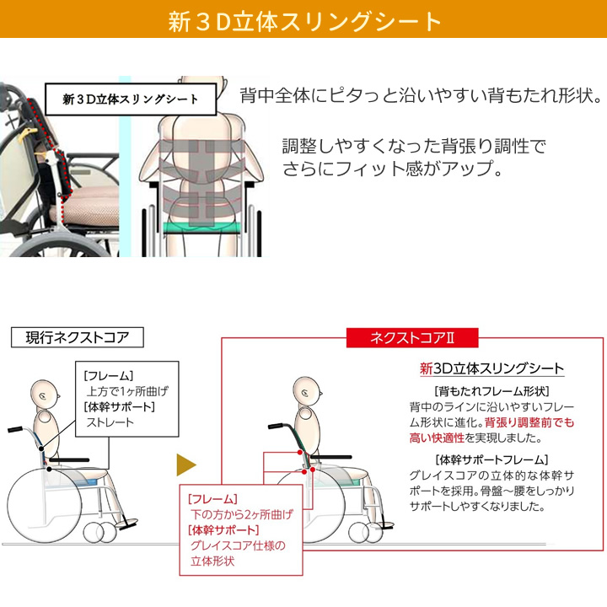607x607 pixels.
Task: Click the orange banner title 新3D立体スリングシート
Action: pos(304,20)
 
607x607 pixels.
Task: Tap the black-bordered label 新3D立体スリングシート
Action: pos(131,99)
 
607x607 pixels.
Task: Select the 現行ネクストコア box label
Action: pos(78,337)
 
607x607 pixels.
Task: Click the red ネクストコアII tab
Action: pos(412,338)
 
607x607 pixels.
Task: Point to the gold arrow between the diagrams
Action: pos(186,465)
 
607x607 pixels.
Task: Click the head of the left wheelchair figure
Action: pos(45,394)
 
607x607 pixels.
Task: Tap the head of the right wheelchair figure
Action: pos(307,391)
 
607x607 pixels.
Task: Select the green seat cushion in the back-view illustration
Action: pos(201,228)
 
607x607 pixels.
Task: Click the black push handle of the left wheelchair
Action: pos(15,429)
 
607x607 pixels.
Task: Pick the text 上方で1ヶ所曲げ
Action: pos(127,391)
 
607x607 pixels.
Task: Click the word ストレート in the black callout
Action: pos(110,422)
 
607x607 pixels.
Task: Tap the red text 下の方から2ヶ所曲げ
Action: pos(242,514)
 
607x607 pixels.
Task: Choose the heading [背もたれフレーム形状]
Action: pos(492,391)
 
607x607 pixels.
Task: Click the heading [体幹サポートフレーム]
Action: pos(492,460)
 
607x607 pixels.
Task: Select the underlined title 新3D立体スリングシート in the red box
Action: pos(492,368)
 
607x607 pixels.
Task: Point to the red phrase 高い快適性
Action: pos(437,438)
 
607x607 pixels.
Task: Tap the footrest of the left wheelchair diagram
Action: pos(126,524)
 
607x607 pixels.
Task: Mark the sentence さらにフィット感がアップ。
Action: pos(393,169)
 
